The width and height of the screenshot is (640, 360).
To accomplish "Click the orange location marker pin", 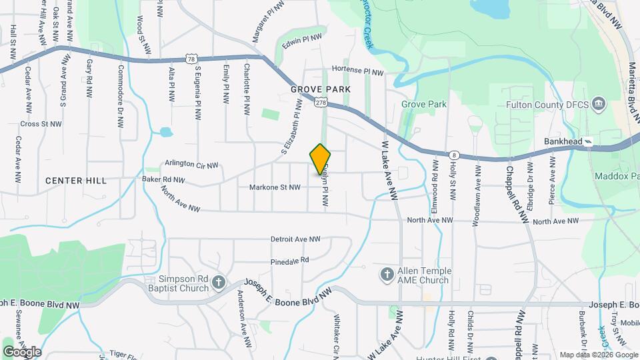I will click(x=321, y=159).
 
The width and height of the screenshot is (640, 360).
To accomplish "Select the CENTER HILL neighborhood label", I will click(x=75, y=181).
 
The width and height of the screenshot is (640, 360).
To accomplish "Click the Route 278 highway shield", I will click(x=321, y=102).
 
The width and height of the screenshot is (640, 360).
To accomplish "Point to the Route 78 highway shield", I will click(x=192, y=59).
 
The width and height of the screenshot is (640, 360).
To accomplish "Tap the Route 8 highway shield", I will click(x=453, y=153).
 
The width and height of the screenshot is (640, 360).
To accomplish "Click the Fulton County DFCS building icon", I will click(x=598, y=105).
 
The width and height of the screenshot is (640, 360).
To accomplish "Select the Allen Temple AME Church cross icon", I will click(x=387, y=275).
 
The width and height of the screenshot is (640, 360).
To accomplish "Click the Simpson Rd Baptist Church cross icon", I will click(x=219, y=283).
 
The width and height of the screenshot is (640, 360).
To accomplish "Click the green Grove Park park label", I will click(x=423, y=105).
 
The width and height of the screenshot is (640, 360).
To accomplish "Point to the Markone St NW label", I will click(x=275, y=187).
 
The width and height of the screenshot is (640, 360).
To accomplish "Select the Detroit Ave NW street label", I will click(x=295, y=239).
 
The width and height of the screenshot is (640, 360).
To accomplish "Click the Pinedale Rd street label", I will click(x=290, y=260).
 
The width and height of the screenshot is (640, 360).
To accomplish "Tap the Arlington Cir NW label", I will click(x=191, y=165).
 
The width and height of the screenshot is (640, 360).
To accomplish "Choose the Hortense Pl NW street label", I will click(x=358, y=71).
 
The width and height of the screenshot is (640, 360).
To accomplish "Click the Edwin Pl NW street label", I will click(x=302, y=42).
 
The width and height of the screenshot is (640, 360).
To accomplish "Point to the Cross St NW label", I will click(x=41, y=124).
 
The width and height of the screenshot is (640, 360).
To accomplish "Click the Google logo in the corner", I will click(x=22, y=351).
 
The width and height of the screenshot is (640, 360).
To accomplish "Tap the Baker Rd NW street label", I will click(x=163, y=179).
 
